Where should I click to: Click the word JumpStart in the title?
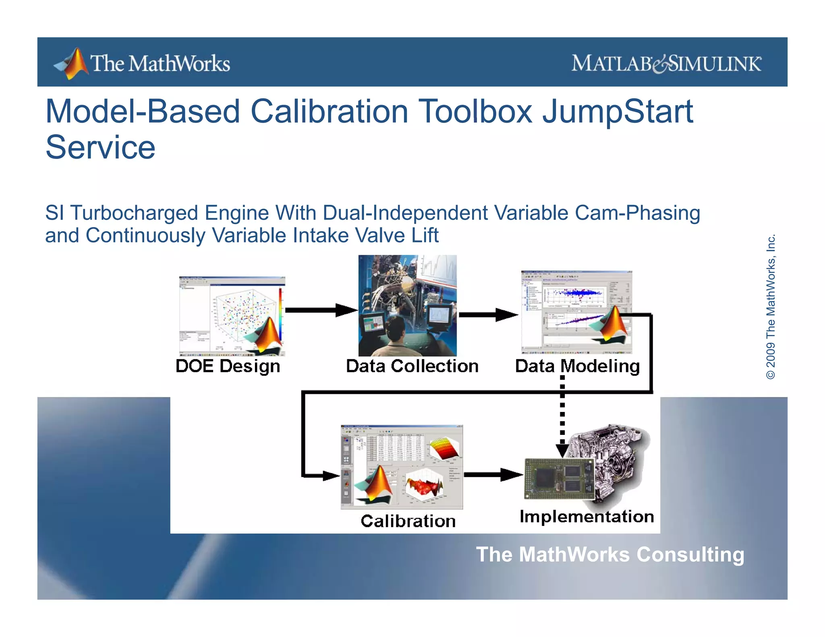pos(617,112)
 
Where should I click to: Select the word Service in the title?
pos(100,147)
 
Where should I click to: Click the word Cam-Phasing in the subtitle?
pos(637,213)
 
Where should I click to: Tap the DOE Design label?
pos(228,366)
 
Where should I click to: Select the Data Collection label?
pos(412,366)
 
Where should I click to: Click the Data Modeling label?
pos(577,366)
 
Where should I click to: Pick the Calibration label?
pos(408,521)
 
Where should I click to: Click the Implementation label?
pos(587,517)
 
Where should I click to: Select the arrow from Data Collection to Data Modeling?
pos(488,314)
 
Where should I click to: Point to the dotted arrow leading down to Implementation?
pos(562,415)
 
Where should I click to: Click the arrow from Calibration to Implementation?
pos(493,475)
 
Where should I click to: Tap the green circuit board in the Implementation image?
pos(559,478)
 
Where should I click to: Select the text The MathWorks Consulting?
pos(610,554)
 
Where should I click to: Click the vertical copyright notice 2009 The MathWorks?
pos(770,307)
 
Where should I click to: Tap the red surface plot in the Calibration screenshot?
pos(424,486)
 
